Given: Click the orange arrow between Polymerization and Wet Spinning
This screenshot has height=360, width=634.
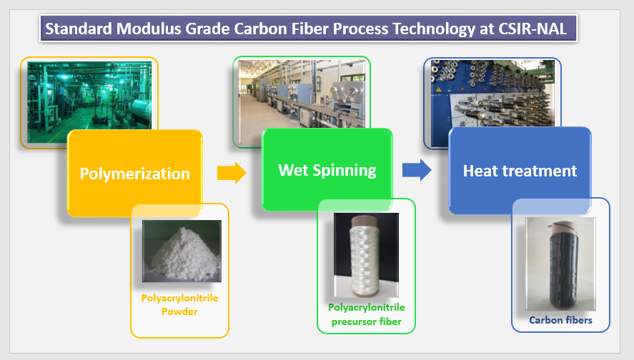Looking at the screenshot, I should pos(231,172).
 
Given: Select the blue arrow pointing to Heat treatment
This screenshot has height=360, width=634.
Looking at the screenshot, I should pos(416,170).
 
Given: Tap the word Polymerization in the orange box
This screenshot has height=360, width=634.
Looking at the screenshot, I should pos(134,174).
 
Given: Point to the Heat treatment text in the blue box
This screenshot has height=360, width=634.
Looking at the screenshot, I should pos(520,171).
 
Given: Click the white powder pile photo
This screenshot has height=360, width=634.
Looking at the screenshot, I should pos(181,250).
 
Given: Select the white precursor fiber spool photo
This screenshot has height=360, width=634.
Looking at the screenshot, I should pos(366,254).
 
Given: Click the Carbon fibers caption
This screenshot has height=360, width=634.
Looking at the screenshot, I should pos(560,320).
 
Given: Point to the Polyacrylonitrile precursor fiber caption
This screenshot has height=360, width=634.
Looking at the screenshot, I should pos(366,314).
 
